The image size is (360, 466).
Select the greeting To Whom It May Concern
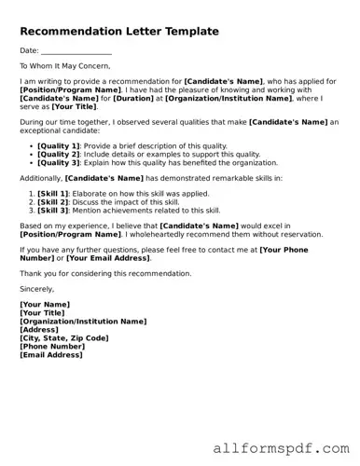pyautogui.click(x=64, y=65)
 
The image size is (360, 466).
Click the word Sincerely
pyautogui.click(x=40, y=289)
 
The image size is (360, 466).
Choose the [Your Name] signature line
pyautogui.click(x=45, y=305)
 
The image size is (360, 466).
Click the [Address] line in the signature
pyautogui.click(x=39, y=330)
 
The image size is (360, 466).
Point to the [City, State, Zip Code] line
pyautogui.click(x=64, y=338)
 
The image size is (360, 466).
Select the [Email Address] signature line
pyautogui.click(x=51, y=355)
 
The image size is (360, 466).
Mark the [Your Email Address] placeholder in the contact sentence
pyautogui.click(x=108, y=257)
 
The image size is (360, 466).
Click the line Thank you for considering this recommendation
pyautogui.click(x=105, y=273)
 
